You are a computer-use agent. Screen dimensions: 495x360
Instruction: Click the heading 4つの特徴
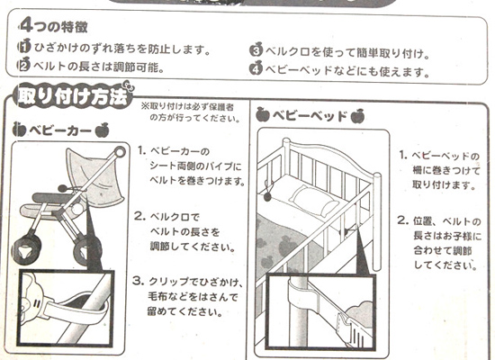pyautogui.click(x=54, y=26)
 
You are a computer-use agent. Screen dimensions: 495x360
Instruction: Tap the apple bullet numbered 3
pyautogui.click(x=256, y=50)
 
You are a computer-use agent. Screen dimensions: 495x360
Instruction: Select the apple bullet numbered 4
pyautogui.click(x=256, y=68)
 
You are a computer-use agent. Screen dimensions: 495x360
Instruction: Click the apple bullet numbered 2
pyautogui.click(x=23, y=65)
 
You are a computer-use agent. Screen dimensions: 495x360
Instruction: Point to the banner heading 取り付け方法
pyautogui.click(x=73, y=96)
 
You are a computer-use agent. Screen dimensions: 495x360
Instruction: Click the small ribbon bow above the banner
pyautogui.click(x=127, y=85)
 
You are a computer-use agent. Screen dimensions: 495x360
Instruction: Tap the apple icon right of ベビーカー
pyautogui.click(x=103, y=130)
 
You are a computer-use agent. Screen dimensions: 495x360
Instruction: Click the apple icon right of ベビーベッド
pyautogui.click(x=357, y=116)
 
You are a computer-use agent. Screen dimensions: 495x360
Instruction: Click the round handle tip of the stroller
pyautogui.click(x=120, y=152)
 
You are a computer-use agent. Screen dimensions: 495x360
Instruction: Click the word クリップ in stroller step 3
pyautogui.click(x=168, y=282)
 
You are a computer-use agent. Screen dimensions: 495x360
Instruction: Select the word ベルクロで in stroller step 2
pyautogui.click(x=175, y=217)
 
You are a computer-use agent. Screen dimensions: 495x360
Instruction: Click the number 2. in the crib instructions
pyautogui.click(x=403, y=220)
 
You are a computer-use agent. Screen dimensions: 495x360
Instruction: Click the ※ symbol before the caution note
pyautogui.click(x=145, y=105)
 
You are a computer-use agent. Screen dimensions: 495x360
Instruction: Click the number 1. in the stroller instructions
pyautogui.click(x=141, y=150)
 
